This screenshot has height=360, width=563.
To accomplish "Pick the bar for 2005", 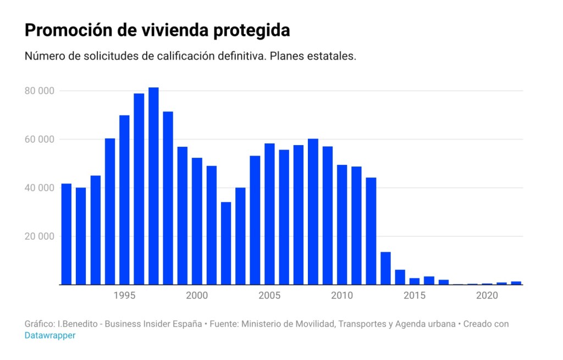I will pos(269,214).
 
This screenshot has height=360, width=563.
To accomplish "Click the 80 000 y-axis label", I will pos(39,91).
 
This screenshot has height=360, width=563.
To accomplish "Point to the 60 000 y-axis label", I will pos(39,139).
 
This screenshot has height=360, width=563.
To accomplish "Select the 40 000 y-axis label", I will pos(39,188).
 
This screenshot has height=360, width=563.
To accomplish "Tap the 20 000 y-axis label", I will pos(39,236).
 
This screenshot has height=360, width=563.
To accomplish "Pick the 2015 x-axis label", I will pos(415,296).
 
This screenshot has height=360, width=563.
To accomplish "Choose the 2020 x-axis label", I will pos(487,296).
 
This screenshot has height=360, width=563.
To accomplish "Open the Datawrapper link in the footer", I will pos(50,335).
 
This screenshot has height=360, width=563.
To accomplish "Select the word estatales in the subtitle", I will pos(333,57).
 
